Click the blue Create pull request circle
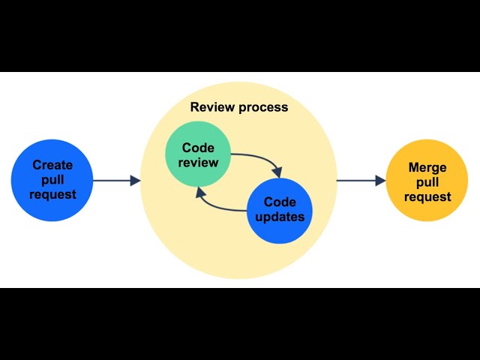(52, 180)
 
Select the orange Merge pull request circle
(427, 181)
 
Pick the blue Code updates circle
(279, 210)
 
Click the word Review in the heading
(211, 107)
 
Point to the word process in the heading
(262, 107)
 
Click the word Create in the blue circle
(52, 166)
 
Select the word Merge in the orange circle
(427, 166)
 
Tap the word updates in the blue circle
(280, 217)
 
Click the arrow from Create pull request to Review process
(115, 181)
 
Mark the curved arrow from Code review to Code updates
(259, 160)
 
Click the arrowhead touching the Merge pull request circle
(380, 181)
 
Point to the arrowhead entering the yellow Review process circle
(135, 181)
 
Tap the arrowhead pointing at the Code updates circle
(277, 172)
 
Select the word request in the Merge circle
(427, 197)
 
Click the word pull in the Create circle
(52, 180)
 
